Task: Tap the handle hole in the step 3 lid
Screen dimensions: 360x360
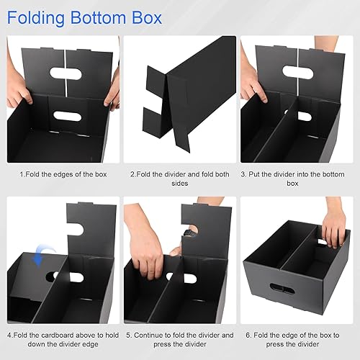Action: point(297,72)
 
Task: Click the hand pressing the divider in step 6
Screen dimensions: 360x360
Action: point(334,227)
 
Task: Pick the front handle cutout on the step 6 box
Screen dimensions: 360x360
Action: point(279,288)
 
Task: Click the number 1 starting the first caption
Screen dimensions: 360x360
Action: point(21,174)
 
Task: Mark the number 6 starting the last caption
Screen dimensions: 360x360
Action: point(248,335)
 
